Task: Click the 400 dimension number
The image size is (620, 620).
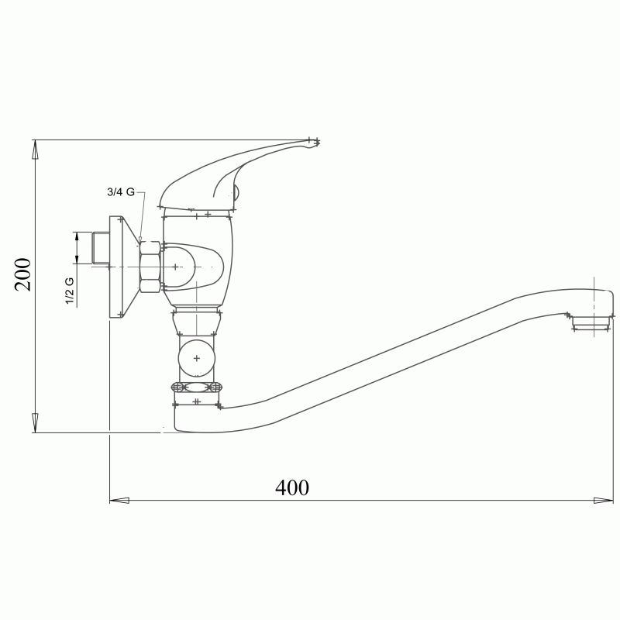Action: (x=292, y=487)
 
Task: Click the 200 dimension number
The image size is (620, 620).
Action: (x=23, y=274)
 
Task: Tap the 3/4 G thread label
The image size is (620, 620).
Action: (x=121, y=192)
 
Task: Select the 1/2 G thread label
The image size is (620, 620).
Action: (x=70, y=291)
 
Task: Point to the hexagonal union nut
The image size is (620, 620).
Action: (x=150, y=267)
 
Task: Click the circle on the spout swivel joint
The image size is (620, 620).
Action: (x=197, y=358)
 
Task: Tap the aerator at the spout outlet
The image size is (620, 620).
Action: (x=591, y=322)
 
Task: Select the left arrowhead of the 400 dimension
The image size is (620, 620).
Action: (x=119, y=501)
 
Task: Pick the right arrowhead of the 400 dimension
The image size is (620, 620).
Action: (x=604, y=501)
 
